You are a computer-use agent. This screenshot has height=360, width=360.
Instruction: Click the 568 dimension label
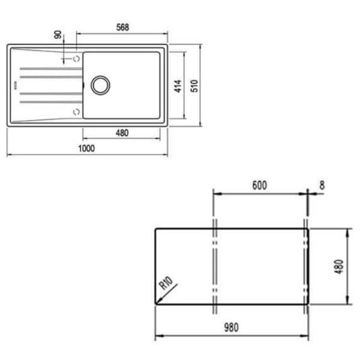pyautogui.click(x=122, y=28)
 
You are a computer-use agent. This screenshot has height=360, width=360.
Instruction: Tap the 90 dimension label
pyautogui.click(x=58, y=34)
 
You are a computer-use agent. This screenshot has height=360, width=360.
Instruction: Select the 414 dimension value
pyautogui.click(x=178, y=86)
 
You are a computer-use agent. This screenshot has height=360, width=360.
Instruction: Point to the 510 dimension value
pyautogui.click(x=194, y=86)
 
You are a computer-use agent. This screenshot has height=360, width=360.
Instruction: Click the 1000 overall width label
pyautogui.click(x=86, y=149)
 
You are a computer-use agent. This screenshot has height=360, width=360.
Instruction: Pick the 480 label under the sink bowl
pyautogui.click(x=122, y=133)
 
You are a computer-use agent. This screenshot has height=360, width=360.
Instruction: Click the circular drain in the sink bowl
pyautogui.click(x=100, y=85)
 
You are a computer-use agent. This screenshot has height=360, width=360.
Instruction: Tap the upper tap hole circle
pyautogui.click(x=76, y=59)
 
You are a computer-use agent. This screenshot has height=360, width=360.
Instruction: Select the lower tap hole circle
pyautogui.click(x=76, y=112)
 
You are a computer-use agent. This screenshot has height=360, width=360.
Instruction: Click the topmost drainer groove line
pyautogui.click(x=51, y=68)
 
